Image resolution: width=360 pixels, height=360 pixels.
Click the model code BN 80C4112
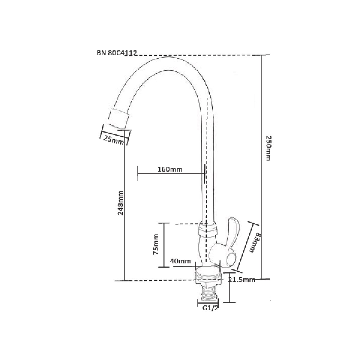(117, 53)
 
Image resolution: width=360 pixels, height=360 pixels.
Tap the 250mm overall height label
(268, 148)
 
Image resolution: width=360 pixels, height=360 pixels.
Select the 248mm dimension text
(121, 203)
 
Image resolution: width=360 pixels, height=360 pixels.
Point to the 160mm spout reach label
(170, 169)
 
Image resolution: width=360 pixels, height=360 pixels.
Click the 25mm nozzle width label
(113, 140)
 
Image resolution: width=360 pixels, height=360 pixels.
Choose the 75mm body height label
(156, 244)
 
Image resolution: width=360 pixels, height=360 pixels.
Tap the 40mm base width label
(180, 261)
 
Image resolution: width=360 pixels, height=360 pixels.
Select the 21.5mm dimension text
(241, 280)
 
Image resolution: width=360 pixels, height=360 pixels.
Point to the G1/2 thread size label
(210, 308)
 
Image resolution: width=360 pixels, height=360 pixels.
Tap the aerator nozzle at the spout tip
(118, 119)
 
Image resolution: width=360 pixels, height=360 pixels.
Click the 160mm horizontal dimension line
(171, 174)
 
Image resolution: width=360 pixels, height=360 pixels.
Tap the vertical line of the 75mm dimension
(164, 245)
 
